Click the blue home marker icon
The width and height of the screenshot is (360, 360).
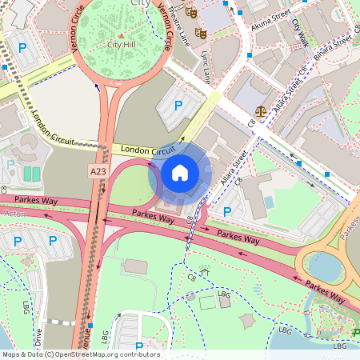click(x=180, y=173)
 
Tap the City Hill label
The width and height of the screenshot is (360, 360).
click(x=122, y=45)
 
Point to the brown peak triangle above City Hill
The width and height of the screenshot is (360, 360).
click(x=122, y=35)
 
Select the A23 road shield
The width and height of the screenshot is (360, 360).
click(x=98, y=171)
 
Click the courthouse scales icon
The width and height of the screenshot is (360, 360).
click(x=261, y=110)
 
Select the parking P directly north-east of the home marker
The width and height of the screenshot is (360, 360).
click(x=178, y=105)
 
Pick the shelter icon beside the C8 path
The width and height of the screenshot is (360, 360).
click(x=205, y=273)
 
